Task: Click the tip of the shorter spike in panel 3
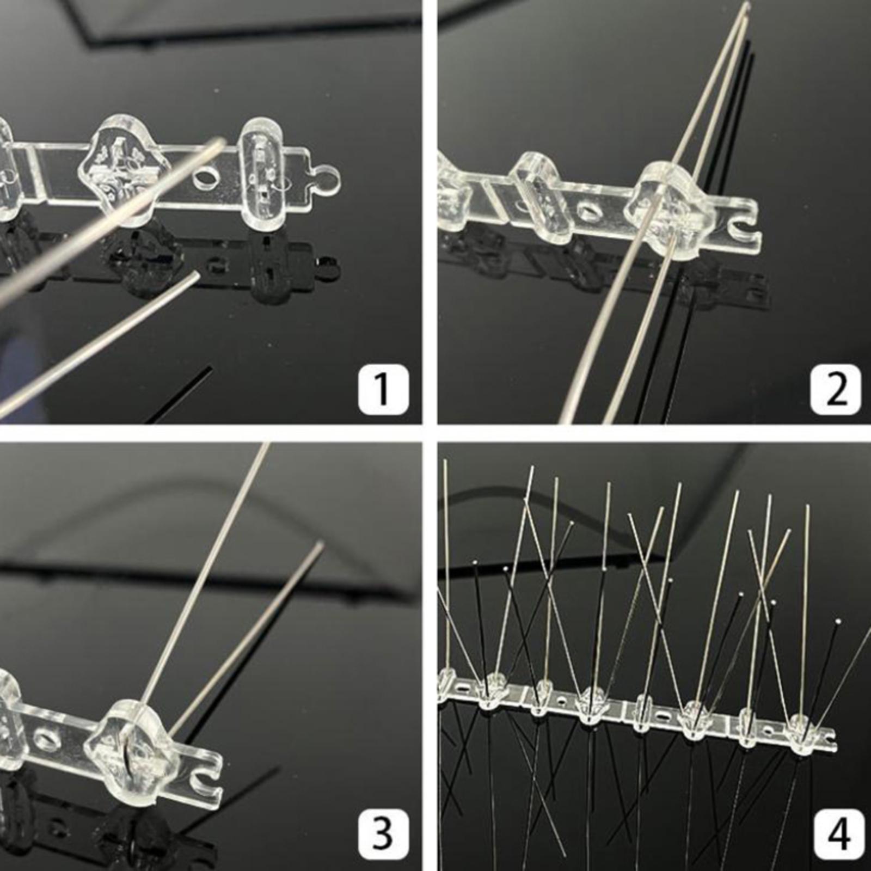click(x=321, y=544)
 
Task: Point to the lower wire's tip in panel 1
click(x=195, y=276)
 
